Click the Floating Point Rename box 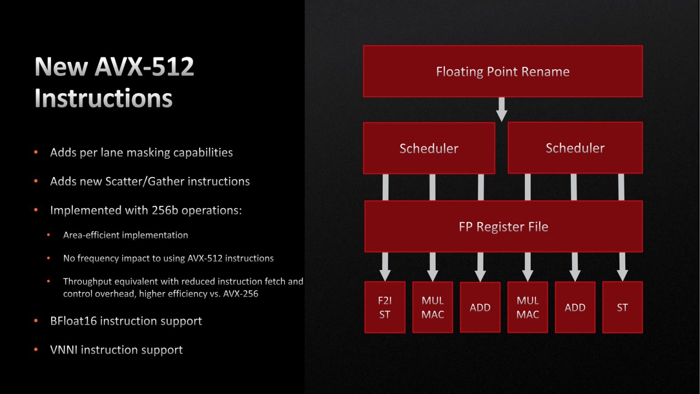pyautogui.click(x=503, y=71)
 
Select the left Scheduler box pyautogui.click(x=429, y=148)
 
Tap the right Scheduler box pyautogui.click(x=575, y=148)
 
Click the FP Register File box pyautogui.click(x=503, y=227)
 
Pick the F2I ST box pyautogui.click(x=385, y=307)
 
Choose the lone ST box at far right pyautogui.click(x=622, y=307)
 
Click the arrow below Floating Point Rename pyautogui.click(x=501, y=109)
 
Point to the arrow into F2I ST pyautogui.click(x=385, y=267)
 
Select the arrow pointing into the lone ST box pyautogui.click(x=622, y=267)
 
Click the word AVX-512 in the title pyautogui.click(x=144, y=67)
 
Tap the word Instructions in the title pyautogui.click(x=103, y=98)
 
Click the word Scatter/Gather pyautogui.click(x=144, y=181)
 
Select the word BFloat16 pyautogui.click(x=73, y=321)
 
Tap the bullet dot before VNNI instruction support pyautogui.click(x=36, y=350)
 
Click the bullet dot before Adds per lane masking pyautogui.click(x=36, y=152)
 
